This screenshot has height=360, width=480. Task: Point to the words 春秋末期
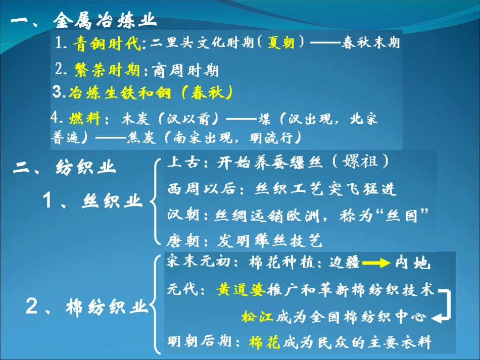pos(371,42)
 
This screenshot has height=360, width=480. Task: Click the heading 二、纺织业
pos(65,168)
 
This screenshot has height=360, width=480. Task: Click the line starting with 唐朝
pos(245,240)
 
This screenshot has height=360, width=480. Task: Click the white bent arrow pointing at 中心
pos(442,306)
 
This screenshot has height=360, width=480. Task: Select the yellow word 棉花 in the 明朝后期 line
pos(264,343)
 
